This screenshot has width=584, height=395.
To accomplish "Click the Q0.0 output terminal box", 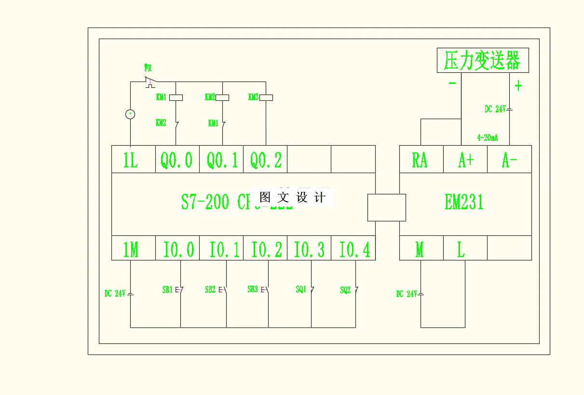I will (x=177, y=159).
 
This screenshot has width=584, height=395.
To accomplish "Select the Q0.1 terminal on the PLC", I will (x=221, y=159).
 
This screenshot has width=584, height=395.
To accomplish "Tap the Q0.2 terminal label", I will (x=265, y=159).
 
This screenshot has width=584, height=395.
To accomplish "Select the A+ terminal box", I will (x=465, y=159).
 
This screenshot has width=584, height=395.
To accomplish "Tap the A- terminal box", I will (x=509, y=159).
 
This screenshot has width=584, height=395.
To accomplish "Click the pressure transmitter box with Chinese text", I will (x=482, y=61).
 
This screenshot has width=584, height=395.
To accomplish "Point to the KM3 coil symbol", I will (x=266, y=97).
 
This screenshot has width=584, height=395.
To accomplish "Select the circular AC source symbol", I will (x=130, y=114).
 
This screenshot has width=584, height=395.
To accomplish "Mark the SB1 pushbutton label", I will (x=167, y=290).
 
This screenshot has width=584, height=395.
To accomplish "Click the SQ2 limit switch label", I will (x=345, y=290).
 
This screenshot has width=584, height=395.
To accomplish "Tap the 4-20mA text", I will (x=487, y=138).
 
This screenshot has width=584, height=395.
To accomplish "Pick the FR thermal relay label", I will (x=148, y=68).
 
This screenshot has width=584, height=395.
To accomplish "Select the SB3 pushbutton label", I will (x=253, y=289).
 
